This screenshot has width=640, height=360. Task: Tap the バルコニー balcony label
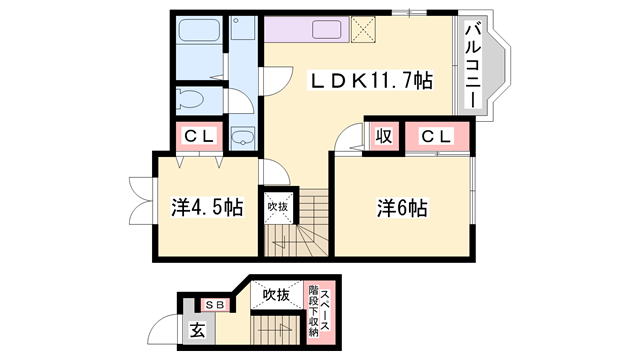[473, 65]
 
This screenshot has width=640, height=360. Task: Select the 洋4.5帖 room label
[206, 207]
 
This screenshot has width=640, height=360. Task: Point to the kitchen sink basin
[327, 29]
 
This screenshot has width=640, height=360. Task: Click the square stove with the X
[361, 28]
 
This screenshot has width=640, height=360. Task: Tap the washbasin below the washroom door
[243, 137]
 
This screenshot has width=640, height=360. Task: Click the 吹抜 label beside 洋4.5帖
[277, 207]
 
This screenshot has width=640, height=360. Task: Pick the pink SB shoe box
[214, 304]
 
